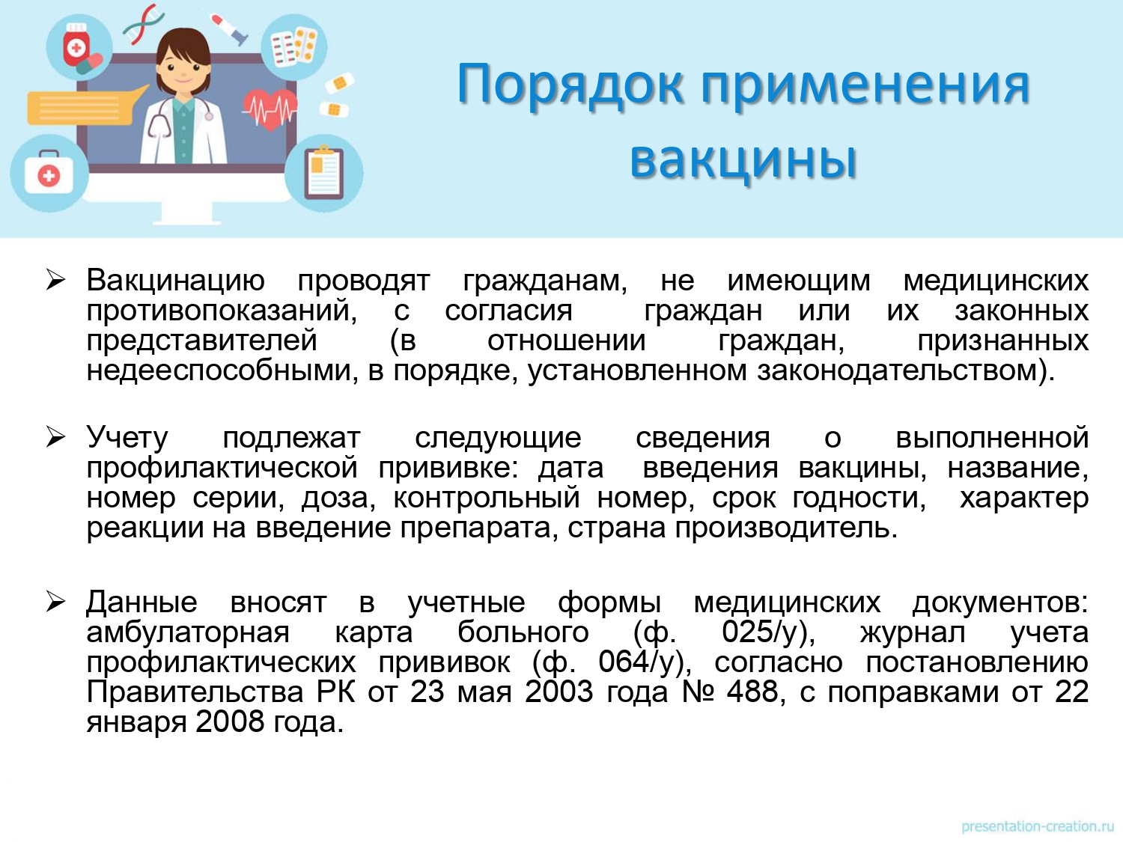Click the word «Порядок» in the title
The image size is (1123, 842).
[x=570, y=85]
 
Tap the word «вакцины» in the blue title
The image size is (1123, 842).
[x=743, y=159]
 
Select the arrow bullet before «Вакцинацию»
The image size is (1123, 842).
[x=55, y=280]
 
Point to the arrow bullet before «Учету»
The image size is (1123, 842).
[x=55, y=437]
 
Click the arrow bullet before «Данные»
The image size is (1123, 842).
[x=55, y=602]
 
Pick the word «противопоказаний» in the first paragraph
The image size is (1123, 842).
[x=222, y=311]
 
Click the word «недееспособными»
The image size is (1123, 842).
[x=222, y=370]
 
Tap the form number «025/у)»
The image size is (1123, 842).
[x=768, y=632]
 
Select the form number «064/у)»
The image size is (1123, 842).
[x=645, y=662]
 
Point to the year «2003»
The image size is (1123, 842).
[x=559, y=691]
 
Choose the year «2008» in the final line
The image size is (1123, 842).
[x=229, y=722]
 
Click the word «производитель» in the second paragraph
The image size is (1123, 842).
[x=786, y=528]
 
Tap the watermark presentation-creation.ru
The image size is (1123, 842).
[x=1037, y=826]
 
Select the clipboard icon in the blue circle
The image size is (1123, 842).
[x=324, y=172]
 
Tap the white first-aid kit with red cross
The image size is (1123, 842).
[x=49, y=173]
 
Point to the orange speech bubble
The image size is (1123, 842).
[x=85, y=106]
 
